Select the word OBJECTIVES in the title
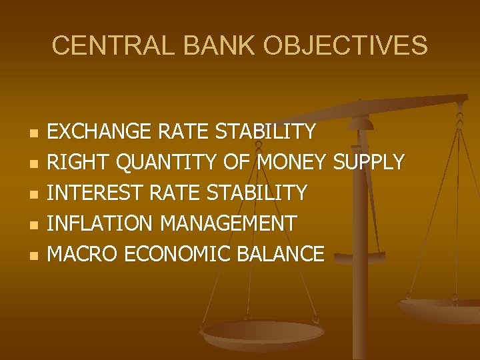point(345,46)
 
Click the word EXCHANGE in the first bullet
point(101,131)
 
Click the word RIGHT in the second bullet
point(75,162)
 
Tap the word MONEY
point(292,162)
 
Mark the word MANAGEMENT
point(231,223)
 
